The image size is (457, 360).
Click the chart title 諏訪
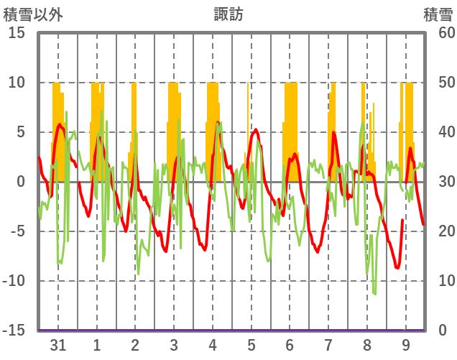pos(228,13)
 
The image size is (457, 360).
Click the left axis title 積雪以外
pos(29,13)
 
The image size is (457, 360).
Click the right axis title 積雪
pos(438,13)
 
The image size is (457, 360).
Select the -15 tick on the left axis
pos(14,331)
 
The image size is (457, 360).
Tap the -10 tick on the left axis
pos(14,281)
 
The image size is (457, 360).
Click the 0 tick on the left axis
pos(21,182)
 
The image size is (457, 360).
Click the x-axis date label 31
pos(58,345)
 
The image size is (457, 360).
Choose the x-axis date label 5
pos(251,345)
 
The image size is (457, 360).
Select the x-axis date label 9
pos(406,345)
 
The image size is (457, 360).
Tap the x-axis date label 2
pos(135,345)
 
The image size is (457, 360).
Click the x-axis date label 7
pos(328,345)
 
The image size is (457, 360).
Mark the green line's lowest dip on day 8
pos(374,293)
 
